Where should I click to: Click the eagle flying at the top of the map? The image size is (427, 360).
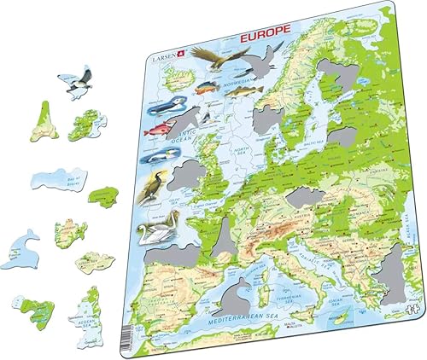pos(230,59)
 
